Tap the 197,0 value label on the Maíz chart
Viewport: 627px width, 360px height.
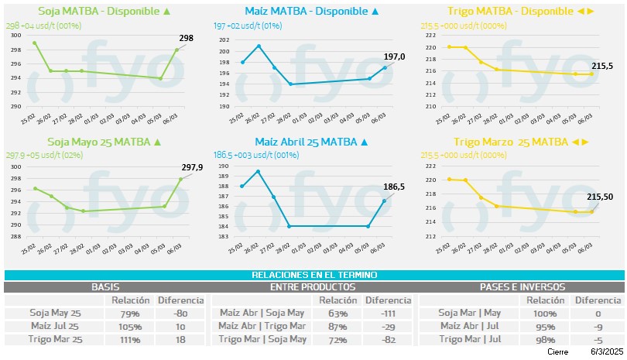coord(396,57)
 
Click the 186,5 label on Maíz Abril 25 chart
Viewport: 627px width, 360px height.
coord(396,187)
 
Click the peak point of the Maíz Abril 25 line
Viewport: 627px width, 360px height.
coord(258,171)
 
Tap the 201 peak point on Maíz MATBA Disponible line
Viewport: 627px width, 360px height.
coord(259,46)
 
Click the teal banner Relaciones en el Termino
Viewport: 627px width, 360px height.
coord(313,275)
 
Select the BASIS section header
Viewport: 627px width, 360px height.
coord(105,286)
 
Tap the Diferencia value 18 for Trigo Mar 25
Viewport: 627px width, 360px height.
coord(180,339)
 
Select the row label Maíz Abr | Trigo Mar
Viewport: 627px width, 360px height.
coord(262,326)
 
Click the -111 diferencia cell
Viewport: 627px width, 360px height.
coord(388,314)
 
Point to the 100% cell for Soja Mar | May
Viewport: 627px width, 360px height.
coord(544,314)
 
